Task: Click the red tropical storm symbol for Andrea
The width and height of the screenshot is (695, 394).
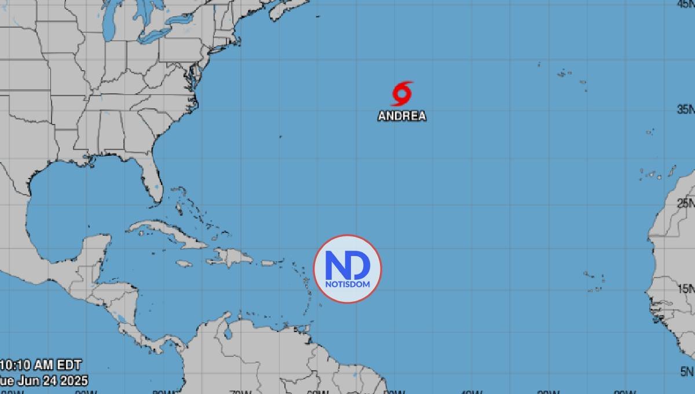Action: (x=402, y=93)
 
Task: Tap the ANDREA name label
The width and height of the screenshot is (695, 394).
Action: (x=402, y=116)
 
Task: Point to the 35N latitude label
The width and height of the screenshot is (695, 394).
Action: (x=686, y=110)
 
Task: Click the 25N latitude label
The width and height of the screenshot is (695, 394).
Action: (x=686, y=203)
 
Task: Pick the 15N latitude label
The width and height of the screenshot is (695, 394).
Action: (x=686, y=289)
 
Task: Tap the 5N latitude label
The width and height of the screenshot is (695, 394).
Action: (x=688, y=371)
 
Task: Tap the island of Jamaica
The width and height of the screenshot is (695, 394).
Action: (x=184, y=264)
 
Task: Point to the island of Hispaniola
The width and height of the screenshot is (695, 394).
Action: (x=235, y=257)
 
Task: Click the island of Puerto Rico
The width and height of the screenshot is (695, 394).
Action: (x=268, y=263)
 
